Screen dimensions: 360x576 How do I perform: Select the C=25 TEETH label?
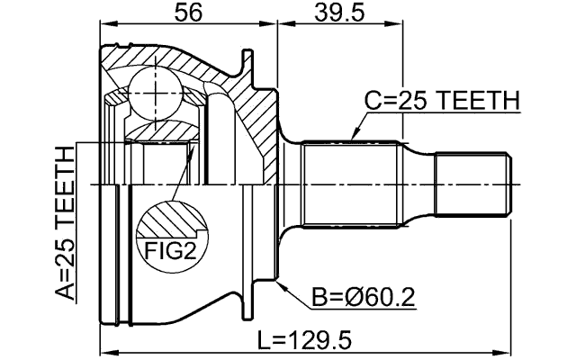pyautogui.click(x=441, y=102)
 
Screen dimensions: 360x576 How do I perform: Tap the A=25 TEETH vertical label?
pyautogui.click(x=65, y=226)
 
